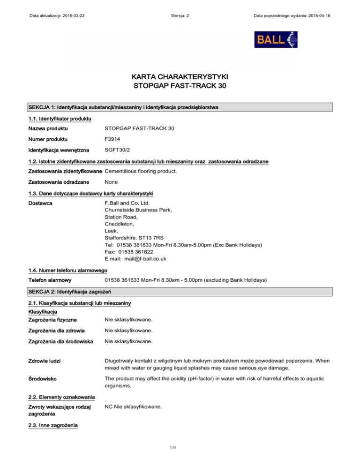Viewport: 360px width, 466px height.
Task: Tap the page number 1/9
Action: coord(180,450)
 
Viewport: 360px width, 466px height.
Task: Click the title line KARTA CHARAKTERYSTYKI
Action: coord(180,76)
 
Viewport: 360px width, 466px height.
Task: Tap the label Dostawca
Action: coord(40,203)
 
